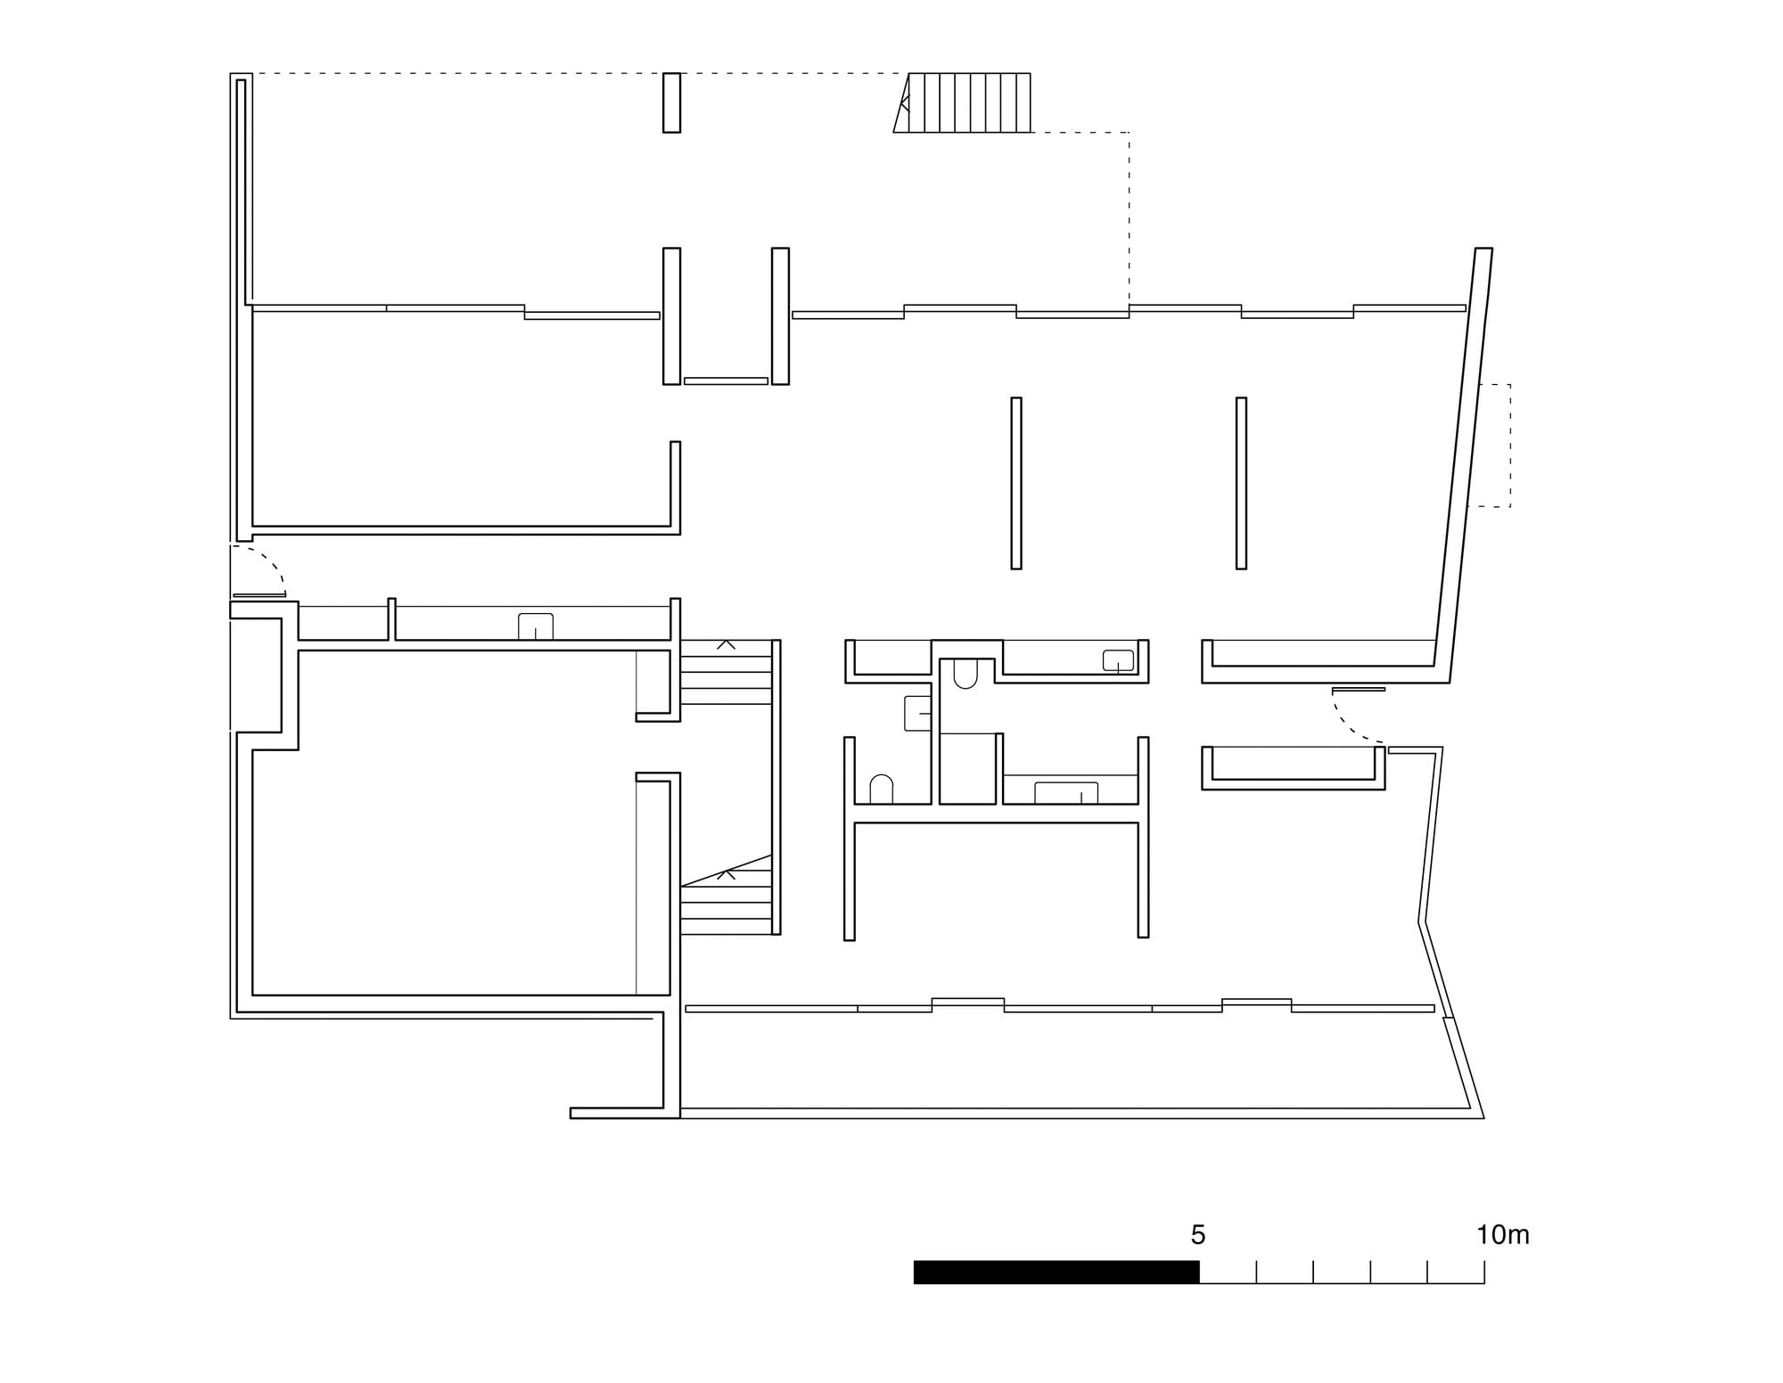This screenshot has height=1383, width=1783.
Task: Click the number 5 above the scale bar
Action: [x=1197, y=1235]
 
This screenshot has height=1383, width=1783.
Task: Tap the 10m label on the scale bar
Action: [x=1503, y=1235]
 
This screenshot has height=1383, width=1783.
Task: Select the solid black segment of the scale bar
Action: [x=1056, y=1273]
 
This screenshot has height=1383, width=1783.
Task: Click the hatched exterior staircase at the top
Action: [x=963, y=102]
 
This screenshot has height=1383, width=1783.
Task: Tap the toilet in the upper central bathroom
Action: [x=965, y=674]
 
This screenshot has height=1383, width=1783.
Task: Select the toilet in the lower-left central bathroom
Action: [x=881, y=790]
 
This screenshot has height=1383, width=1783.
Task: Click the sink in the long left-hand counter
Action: [x=536, y=626]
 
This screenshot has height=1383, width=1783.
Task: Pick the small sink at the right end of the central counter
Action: [x=1118, y=660]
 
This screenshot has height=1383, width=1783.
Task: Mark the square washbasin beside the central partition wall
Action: [x=917, y=714]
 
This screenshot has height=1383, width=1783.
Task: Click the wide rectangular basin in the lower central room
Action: [x=1066, y=793]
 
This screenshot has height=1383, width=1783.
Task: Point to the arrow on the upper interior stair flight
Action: [x=727, y=644]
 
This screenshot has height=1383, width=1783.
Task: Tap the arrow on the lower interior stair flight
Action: [x=727, y=874]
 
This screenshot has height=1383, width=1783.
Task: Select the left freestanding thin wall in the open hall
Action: [x=1016, y=483]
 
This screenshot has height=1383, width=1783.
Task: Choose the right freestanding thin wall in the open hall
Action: [x=1241, y=483]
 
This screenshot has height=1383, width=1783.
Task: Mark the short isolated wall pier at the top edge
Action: [x=672, y=102]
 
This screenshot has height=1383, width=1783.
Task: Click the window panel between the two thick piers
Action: [x=726, y=381]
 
